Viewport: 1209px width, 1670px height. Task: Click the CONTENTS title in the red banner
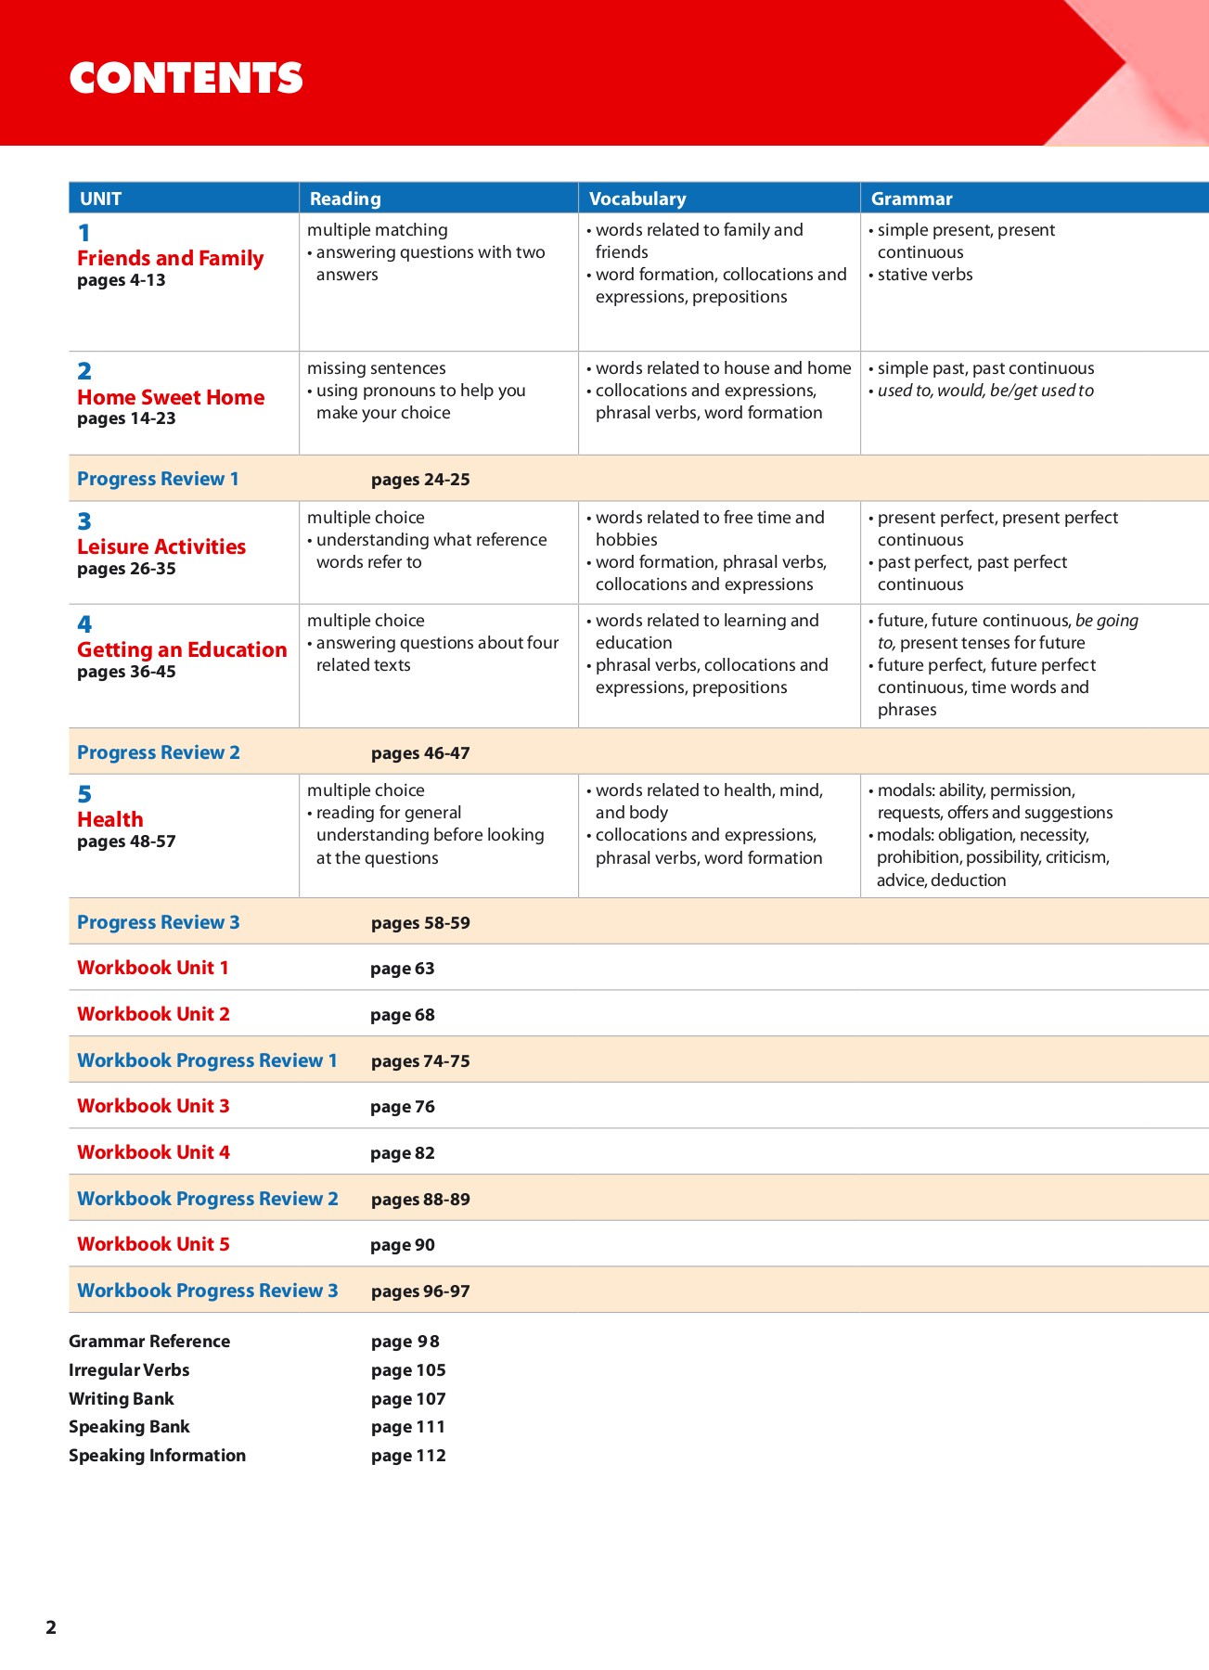pos(186,78)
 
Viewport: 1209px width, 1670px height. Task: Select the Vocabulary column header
pos(637,199)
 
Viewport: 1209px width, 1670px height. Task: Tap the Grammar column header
pos(911,199)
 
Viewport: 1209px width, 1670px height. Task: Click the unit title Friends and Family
pos(170,258)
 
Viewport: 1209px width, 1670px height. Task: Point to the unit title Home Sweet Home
pos(171,397)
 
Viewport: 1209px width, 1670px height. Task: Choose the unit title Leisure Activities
pos(161,546)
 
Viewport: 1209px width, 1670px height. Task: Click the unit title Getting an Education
pos(182,649)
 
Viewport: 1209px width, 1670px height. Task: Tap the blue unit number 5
pos(84,794)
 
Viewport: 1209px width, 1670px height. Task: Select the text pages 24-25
pos(420,480)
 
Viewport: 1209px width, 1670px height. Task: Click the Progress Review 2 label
pos(159,752)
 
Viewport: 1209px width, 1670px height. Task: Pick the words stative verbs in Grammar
pos(925,275)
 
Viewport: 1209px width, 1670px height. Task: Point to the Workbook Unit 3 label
pos(153,1106)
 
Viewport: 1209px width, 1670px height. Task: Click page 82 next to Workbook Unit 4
pos(402,1153)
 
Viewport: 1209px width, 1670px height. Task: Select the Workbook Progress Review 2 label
pos(208,1199)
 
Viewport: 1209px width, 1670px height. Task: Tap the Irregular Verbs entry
pos(129,1370)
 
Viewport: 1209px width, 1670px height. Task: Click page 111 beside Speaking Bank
pos(408,1427)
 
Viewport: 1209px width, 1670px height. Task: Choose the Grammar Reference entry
pos(149,1342)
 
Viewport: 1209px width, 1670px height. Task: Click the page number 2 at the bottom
pos(51,1627)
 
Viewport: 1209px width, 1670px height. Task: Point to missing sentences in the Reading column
pos(376,368)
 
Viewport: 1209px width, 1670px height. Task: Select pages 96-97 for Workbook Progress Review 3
pos(420,1291)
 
